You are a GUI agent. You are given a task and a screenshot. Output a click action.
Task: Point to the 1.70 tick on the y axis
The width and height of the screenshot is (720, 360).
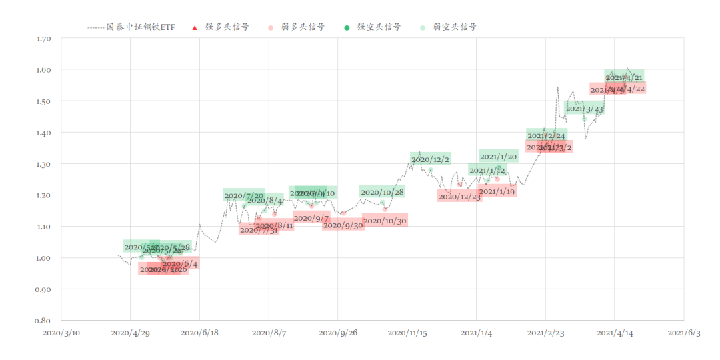pyautogui.click(x=43, y=39)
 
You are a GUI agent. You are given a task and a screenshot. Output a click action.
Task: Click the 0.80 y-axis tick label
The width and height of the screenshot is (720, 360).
pyautogui.click(x=43, y=321)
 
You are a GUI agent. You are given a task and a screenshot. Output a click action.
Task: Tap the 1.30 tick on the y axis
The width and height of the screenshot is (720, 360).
pyautogui.click(x=43, y=164)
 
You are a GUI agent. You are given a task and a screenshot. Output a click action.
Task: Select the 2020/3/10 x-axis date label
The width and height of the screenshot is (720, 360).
pyautogui.click(x=61, y=333)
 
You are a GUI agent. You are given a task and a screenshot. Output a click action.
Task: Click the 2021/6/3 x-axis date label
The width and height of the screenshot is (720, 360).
pyautogui.click(x=684, y=333)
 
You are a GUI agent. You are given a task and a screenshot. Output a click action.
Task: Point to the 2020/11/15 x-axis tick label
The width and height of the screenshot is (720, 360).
pyautogui.click(x=407, y=333)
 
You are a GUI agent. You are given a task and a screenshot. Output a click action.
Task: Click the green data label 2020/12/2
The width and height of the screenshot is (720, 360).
pyautogui.click(x=431, y=159)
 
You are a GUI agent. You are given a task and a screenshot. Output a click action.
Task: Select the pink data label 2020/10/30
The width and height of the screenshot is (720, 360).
pyautogui.click(x=385, y=221)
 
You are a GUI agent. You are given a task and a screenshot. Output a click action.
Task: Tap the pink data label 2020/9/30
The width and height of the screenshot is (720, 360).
pyautogui.click(x=343, y=225)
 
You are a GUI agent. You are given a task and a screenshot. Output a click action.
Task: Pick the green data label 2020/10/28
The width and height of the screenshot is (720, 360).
pyautogui.click(x=382, y=192)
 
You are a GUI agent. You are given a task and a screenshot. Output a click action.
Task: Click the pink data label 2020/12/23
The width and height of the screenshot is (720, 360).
pyautogui.click(x=459, y=197)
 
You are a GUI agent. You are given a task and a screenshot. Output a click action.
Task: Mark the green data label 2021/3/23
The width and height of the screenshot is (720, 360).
pyautogui.click(x=584, y=109)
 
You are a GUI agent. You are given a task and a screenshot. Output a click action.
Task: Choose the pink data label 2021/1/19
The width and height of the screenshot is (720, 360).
pyautogui.click(x=497, y=191)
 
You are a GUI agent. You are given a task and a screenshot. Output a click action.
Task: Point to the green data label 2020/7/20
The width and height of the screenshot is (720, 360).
pyautogui.click(x=244, y=195)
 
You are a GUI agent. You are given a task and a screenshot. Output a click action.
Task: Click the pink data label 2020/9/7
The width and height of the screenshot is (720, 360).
pyautogui.click(x=311, y=218)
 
